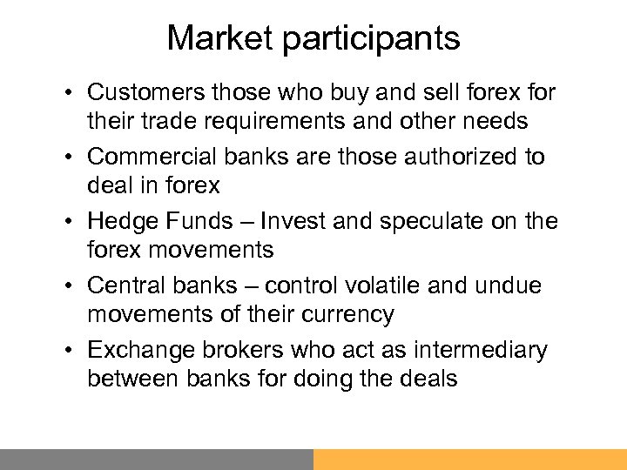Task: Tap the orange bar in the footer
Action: [x=469, y=459]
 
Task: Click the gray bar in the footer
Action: [x=156, y=459]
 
